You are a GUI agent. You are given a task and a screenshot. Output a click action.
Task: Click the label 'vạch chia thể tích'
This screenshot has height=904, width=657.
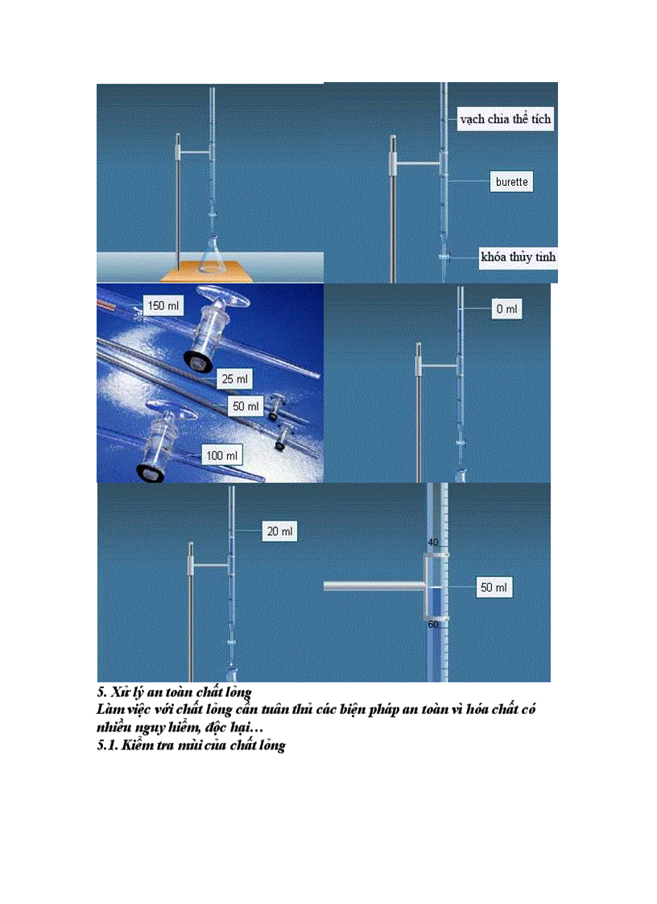click(x=506, y=119)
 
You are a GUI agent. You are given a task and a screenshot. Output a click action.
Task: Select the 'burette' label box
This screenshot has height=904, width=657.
click(x=511, y=182)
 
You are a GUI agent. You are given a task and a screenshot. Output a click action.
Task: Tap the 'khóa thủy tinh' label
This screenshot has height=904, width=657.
click(x=518, y=258)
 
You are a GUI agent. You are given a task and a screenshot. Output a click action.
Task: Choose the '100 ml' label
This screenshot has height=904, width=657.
click(x=222, y=456)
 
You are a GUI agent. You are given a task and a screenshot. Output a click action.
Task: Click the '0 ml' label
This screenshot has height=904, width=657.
click(x=506, y=309)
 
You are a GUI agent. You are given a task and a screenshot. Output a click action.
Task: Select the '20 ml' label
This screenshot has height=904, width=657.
click(x=279, y=531)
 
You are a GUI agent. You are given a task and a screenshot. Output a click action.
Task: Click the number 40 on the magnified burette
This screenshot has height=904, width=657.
click(x=433, y=542)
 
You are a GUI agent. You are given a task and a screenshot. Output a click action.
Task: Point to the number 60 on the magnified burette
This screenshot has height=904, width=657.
click(x=433, y=624)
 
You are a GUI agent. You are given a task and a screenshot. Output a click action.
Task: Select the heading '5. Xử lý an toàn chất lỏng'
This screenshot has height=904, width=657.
click(x=175, y=692)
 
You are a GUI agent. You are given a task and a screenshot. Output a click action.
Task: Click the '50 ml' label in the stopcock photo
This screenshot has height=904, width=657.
click(x=247, y=405)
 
